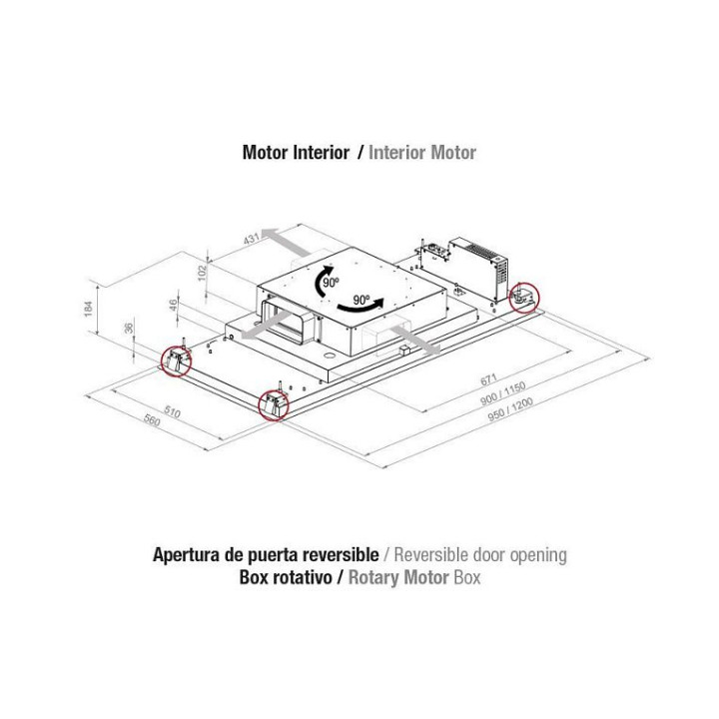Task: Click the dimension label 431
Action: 252,239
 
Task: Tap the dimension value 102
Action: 202,273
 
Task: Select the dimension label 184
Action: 88,309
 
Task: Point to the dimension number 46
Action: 173,305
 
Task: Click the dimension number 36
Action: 129,329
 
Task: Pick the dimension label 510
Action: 172,411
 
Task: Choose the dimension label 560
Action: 152,420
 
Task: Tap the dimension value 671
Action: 488,379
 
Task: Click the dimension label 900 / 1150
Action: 502,394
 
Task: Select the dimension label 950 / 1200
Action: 510,409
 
